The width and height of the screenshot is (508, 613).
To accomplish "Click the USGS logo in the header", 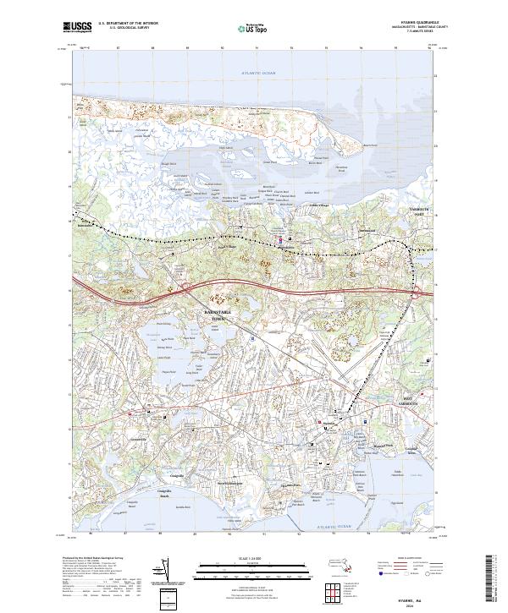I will [x=78, y=27].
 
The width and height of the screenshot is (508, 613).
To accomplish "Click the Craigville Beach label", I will [x=154, y=497].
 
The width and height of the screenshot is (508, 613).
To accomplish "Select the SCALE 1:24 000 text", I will [x=253, y=557].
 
